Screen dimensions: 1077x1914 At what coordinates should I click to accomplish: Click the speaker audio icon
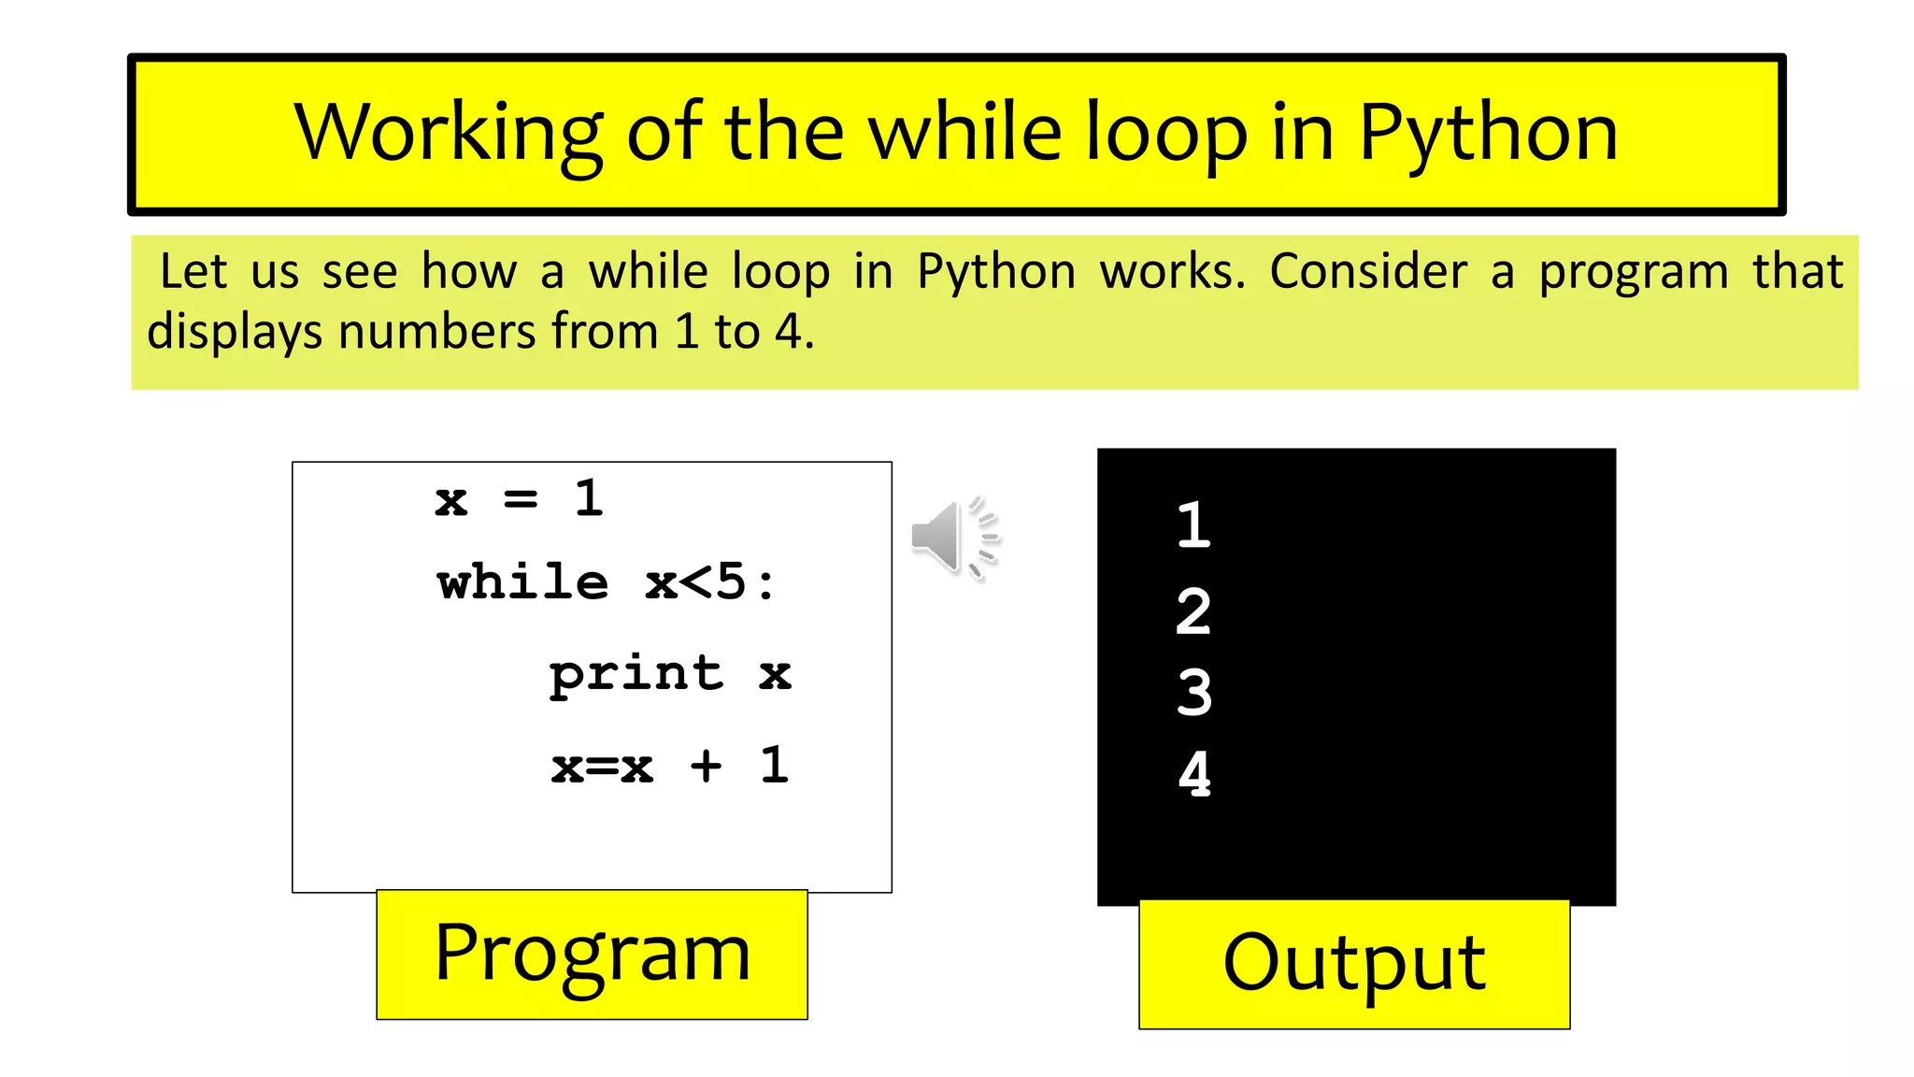tap(952, 538)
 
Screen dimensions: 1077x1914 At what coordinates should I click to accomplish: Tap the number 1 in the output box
tap(1193, 524)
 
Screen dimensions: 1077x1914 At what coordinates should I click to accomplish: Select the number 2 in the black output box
tap(1193, 611)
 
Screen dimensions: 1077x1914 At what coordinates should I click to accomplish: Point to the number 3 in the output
tap(1194, 693)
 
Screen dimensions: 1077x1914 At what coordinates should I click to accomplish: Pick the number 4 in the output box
tap(1194, 774)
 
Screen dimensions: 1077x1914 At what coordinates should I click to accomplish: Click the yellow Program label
tap(592, 955)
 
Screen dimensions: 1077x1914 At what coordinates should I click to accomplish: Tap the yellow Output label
tap(1354, 964)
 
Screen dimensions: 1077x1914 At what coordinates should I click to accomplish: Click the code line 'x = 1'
tap(520, 498)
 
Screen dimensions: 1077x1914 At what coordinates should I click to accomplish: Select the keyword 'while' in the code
tap(523, 582)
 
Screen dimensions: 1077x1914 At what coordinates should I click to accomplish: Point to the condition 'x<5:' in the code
tap(710, 582)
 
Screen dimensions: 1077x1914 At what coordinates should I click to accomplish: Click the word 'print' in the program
tap(636, 674)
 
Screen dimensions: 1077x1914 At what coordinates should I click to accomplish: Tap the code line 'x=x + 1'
tap(670, 766)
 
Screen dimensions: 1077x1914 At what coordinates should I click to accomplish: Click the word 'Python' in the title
tap(1488, 134)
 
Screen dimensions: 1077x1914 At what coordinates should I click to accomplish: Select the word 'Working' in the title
tap(449, 134)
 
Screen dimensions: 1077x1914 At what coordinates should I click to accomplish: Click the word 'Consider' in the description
tap(1368, 272)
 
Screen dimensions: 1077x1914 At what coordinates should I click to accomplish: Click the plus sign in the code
tap(707, 767)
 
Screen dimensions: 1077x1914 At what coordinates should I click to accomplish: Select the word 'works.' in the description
tap(1173, 272)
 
